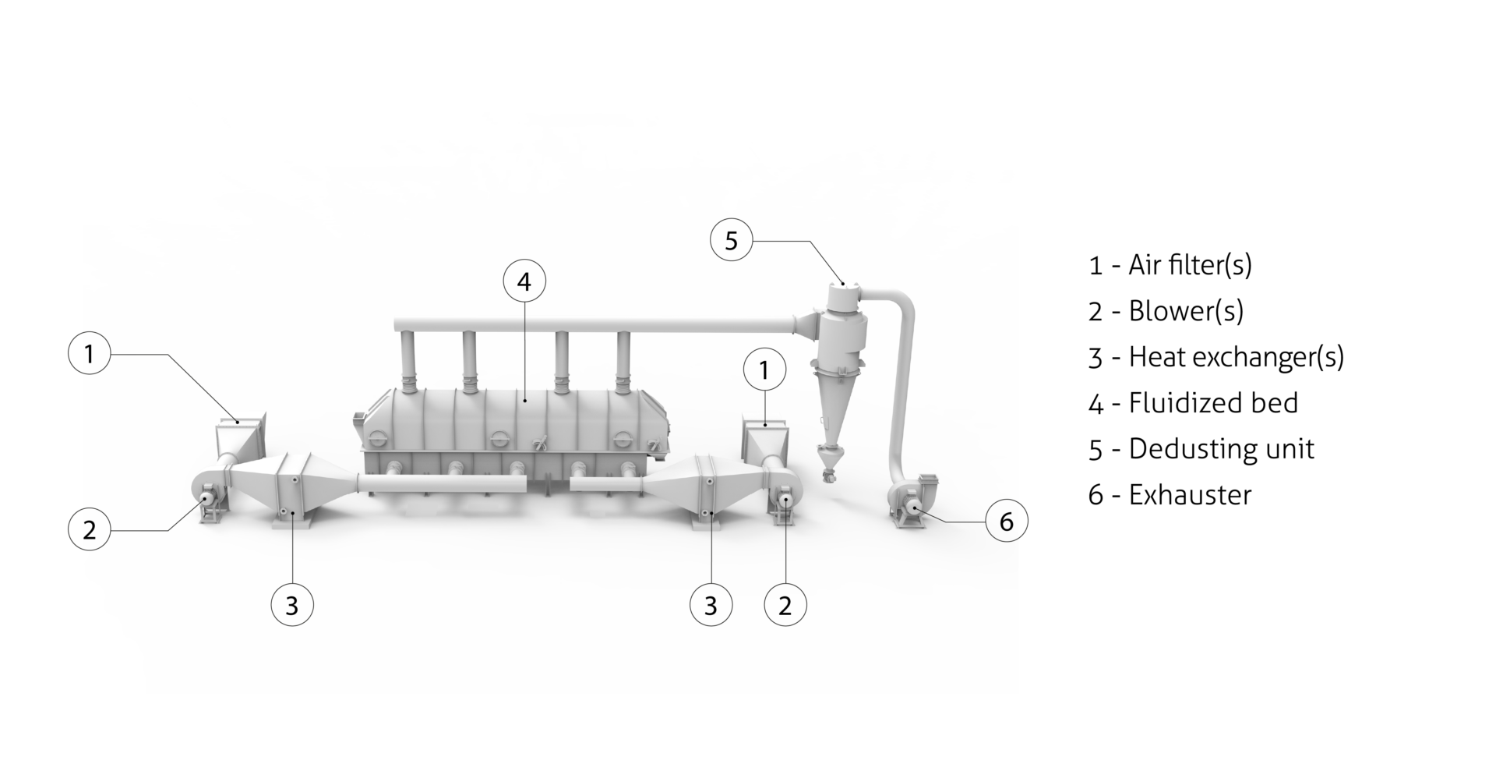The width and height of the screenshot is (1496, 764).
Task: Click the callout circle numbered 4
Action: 524,281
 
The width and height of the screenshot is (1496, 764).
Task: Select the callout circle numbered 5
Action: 731,241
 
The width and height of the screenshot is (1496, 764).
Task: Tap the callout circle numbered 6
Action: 1006,522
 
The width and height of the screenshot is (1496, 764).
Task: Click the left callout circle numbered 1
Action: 89,355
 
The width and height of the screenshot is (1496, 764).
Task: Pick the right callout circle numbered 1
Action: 764,371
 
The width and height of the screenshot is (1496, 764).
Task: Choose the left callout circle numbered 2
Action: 89,530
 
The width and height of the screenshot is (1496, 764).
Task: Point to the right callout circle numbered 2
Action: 785,605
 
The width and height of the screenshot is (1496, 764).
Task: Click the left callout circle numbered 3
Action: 292,605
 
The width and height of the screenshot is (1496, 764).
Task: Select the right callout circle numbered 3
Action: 711,605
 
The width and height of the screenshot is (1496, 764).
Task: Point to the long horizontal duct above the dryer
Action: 592,322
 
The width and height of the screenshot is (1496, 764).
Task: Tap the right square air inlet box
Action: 767,437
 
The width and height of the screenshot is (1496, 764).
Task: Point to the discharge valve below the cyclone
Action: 830,468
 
